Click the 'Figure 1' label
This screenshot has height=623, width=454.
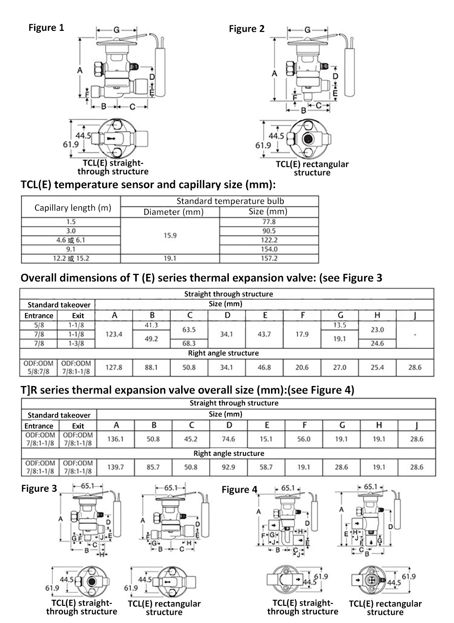tap(46, 28)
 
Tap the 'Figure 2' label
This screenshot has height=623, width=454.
tap(247, 29)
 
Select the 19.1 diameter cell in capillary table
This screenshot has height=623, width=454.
tap(170, 258)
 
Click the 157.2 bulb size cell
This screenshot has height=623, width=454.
tap(269, 258)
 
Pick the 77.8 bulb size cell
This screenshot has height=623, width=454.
tap(269, 222)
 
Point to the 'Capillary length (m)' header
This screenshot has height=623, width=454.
tap(73, 208)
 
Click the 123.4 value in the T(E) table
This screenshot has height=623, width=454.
tap(114, 334)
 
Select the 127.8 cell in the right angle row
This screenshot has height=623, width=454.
tap(114, 367)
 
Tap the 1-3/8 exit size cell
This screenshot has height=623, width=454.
tap(76, 343)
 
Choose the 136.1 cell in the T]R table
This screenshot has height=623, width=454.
tap(115, 439)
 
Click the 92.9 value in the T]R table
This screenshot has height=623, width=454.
tap(228, 467)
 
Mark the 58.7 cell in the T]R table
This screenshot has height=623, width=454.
tap(266, 467)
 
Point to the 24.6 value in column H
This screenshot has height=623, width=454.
tap(377, 343)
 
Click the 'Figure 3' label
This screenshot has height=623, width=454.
tap(39, 489)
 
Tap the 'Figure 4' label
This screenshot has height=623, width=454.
tap(239, 489)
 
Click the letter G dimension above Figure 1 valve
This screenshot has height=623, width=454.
tap(116, 30)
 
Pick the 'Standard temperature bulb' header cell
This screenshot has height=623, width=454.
tap(230, 201)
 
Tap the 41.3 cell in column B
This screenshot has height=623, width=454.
tap(151, 325)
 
